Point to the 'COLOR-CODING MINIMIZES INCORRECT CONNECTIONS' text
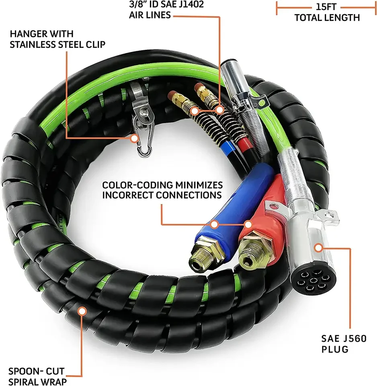click(x=162, y=190)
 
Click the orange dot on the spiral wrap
click(x=82, y=310)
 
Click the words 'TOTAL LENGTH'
click(x=327, y=18)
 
